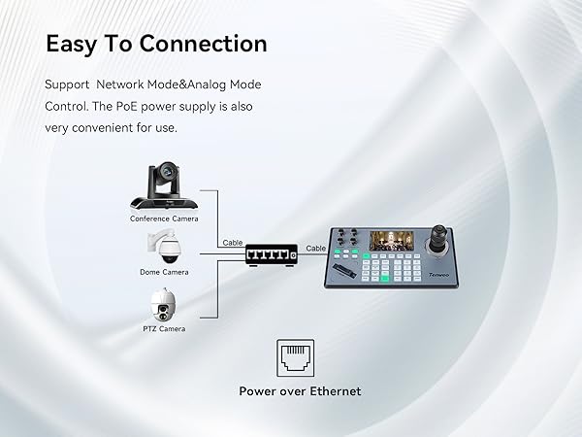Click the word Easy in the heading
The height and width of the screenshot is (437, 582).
(75, 44)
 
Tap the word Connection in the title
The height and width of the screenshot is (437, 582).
(204, 44)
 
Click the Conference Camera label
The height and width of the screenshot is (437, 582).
(164, 218)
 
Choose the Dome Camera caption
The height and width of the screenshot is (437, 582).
(164, 272)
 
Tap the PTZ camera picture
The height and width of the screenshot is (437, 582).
(164, 306)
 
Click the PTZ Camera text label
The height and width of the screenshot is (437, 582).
(164, 329)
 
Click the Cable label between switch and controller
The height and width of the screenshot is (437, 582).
(316, 249)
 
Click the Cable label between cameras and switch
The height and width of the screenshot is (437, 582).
(233, 243)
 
